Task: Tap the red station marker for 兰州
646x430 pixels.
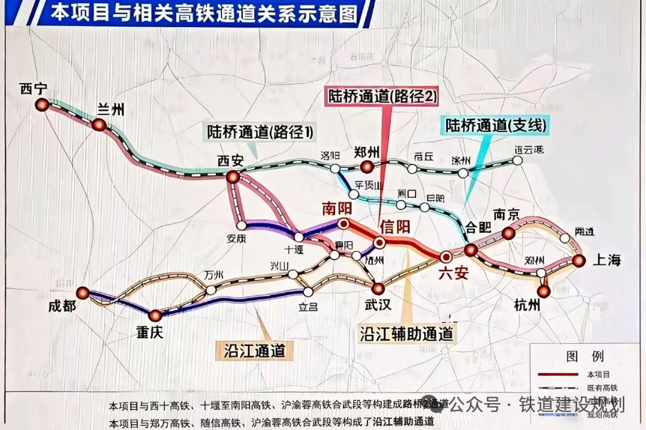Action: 98,124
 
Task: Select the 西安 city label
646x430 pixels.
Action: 231,160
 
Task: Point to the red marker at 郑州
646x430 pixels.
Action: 367,166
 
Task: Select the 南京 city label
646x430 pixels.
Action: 502,214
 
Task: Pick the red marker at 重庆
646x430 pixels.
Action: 155,315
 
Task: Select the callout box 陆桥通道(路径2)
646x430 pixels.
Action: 380,95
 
